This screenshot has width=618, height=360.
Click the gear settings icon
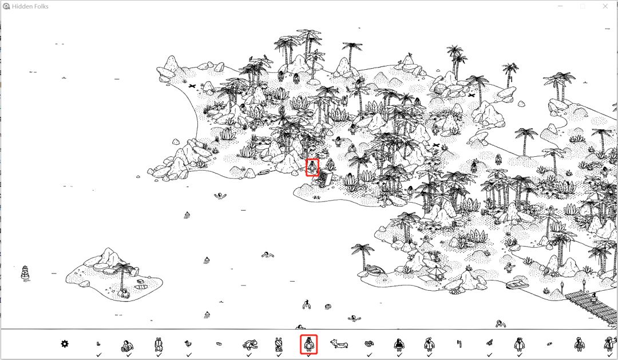pyautogui.click(x=65, y=344)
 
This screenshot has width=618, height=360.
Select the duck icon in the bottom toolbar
pyautogui.click(x=188, y=344)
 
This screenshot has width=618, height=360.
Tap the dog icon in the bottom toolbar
pyautogui.click(x=339, y=344)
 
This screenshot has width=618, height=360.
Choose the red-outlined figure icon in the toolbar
pyautogui.click(x=308, y=344)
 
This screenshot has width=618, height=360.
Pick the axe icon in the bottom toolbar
pyautogui.click(x=459, y=344)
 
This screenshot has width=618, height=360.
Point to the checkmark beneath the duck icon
pyautogui.click(x=189, y=355)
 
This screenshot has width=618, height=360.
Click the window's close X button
pyautogui.click(x=605, y=6)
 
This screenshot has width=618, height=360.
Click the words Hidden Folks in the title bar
pyautogui.click(x=30, y=6)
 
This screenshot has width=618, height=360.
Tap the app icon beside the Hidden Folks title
pyautogui.click(x=6, y=6)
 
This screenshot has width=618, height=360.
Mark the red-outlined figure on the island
pyautogui.click(x=312, y=168)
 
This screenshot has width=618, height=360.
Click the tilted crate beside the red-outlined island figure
pyautogui.click(x=325, y=177)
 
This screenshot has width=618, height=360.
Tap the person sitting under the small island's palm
pyautogui.click(x=125, y=293)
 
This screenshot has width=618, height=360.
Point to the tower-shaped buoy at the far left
pyautogui.click(x=25, y=272)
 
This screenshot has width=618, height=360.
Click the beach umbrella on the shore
pyautogui.click(x=436, y=272)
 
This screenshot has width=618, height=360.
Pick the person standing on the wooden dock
pyautogui.click(x=593, y=299)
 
